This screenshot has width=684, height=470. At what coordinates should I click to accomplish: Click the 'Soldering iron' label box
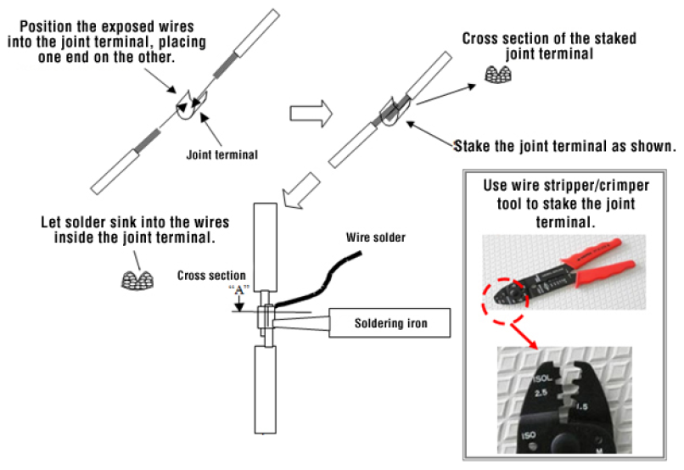click(390, 323)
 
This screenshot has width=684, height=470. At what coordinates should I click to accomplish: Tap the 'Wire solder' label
click(376, 238)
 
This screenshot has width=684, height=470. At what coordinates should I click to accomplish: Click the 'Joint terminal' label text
click(222, 154)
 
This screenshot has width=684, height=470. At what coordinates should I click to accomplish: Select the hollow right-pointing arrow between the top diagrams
click(311, 114)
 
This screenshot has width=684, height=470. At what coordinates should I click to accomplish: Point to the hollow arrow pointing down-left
click(301, 190)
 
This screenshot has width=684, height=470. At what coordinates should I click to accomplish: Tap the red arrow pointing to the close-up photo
click(524, 336)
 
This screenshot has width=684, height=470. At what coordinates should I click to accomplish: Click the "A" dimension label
click(239, 289)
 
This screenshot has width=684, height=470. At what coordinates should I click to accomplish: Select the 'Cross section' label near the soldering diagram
click(211, 276)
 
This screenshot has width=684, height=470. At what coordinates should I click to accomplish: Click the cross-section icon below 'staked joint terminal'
click(498, 75)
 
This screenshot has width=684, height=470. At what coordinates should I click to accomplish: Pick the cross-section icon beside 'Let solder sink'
click(137, 280)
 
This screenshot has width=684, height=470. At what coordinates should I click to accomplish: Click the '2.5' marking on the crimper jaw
click(541, 393)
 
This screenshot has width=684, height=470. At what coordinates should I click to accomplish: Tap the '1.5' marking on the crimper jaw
click(581, 406)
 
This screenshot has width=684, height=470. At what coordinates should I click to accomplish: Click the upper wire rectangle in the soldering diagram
click(266, 247)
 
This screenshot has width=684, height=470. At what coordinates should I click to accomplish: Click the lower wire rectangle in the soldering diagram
click(266, 389)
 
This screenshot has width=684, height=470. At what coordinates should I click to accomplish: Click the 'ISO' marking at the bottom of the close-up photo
click(528, 435)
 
